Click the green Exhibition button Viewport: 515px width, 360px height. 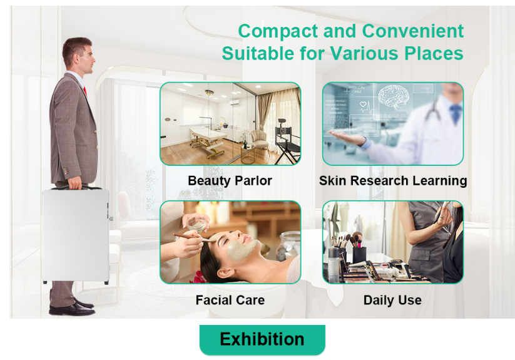tap(262, 339)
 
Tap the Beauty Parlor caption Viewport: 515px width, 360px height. tap(230, 181)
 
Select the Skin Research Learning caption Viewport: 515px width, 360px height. tap(393, 181)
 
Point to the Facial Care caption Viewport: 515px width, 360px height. tap(230, 300)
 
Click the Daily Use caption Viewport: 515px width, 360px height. tap(392, 301)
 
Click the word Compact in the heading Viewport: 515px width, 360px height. tap(278, 31)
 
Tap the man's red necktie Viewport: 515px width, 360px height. tap(85, 91)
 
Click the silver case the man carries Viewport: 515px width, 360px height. tap(76, 235)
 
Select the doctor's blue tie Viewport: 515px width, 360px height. tap(456, 114)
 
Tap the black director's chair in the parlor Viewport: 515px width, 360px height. tap(287, 141)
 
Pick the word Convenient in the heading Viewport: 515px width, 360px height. tap(413, 31)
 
